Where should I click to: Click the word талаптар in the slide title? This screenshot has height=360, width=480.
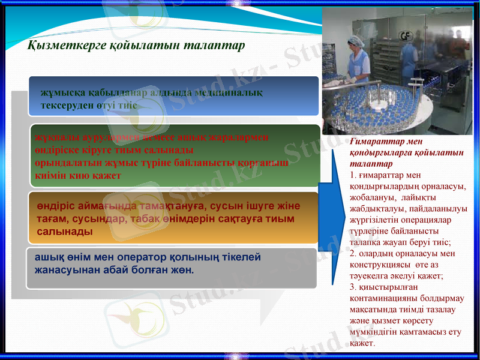click(x=215, y=46)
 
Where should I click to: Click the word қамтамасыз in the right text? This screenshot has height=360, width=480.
click(x=420, y=331)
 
